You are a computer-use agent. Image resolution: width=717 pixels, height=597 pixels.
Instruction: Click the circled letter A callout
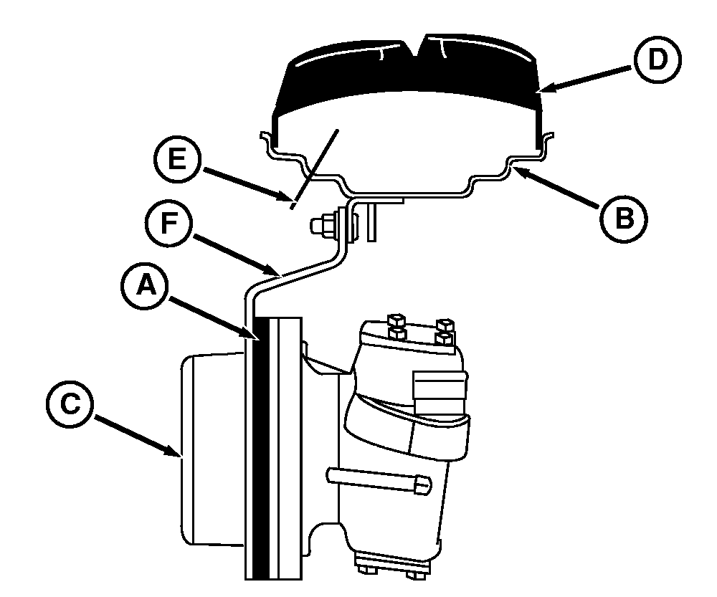click(146, 287)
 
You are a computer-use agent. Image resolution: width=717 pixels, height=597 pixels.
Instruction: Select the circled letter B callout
click(624, 217)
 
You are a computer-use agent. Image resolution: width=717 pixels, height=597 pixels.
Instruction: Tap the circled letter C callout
click(70, 404)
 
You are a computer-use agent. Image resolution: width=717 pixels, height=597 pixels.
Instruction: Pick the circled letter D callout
click(657, 59)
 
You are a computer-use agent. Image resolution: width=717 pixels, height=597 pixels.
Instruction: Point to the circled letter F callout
click(170, 224)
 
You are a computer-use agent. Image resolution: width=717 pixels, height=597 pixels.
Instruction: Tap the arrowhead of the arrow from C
click(176, 452)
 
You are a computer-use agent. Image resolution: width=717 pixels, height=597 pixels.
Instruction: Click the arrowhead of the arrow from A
click(255, 338)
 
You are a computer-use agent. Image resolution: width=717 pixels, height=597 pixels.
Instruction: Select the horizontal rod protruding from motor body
click(379, 480)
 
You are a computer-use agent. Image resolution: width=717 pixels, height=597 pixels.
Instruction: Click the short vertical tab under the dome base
click(371, 221)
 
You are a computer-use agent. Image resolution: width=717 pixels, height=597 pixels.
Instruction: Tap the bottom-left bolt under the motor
click(364, 569)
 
